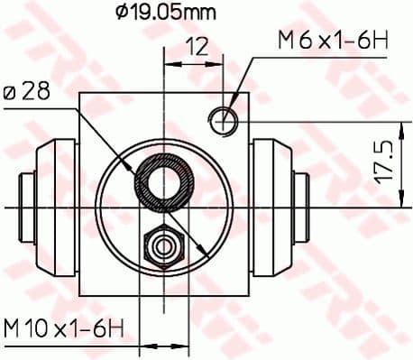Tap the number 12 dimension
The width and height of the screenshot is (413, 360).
coord(197,45)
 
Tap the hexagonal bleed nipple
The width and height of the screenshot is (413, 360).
coord(163,243)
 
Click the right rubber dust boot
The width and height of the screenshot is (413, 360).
coord(274,208)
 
